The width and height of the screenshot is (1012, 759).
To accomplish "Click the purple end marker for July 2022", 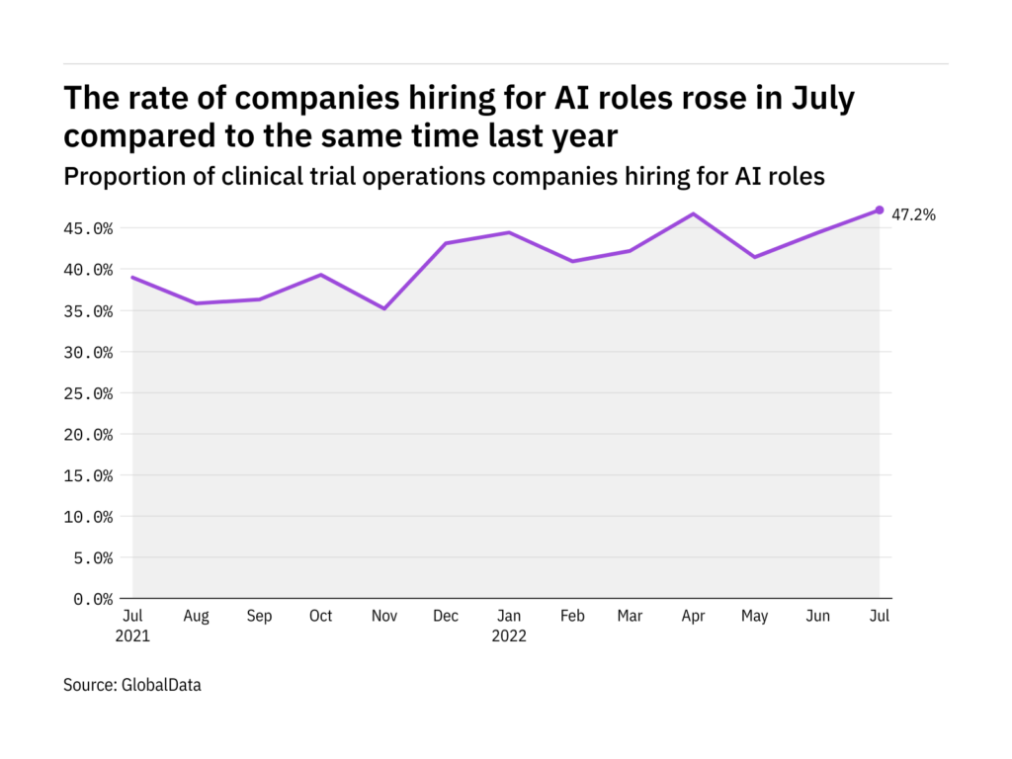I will tap(880, 210).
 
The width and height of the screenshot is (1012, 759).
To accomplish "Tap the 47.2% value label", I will tap(913, 213).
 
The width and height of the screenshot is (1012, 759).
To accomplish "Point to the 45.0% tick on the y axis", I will tap(85, 228).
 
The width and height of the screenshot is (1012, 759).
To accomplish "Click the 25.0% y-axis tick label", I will tap(85, 393).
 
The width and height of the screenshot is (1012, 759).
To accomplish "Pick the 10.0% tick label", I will tap(85, 517).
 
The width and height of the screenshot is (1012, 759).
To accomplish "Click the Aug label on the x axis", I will tap(196, 617).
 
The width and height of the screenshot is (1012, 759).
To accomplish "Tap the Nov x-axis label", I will tap(383, 617).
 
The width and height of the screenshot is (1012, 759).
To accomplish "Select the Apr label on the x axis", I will tap(693, 617).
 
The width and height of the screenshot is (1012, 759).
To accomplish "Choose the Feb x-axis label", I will tap(572, 617).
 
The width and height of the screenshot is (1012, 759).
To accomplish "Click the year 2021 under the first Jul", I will tap(133, 636).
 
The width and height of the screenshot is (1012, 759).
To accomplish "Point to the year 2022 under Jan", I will tap(508, 636).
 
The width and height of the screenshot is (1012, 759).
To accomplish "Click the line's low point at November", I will tap(383, 308).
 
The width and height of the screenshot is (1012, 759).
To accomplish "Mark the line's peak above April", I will tap(693, 213).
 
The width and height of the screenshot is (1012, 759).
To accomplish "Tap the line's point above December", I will tap(446, 243).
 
